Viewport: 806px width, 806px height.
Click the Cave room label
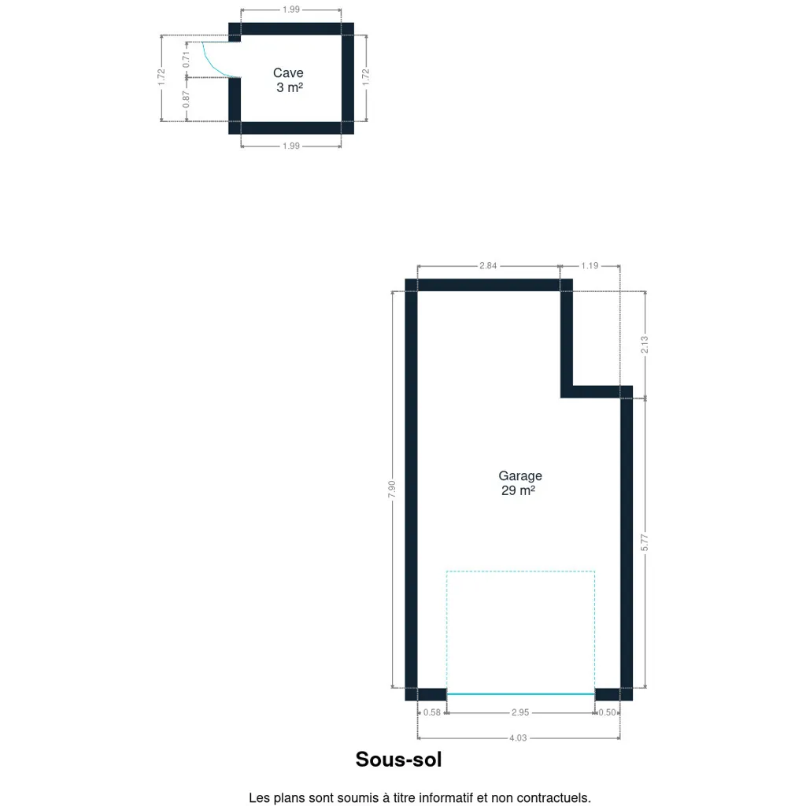tap(288, 73)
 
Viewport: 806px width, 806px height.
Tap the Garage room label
tap(519, 476)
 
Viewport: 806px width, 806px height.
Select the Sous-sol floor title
tap(398, 760)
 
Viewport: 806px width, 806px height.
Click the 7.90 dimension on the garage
tap(392, 489)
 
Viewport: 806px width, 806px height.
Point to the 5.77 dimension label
tap(645, 542)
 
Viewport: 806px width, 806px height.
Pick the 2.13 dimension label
tap(645, 345)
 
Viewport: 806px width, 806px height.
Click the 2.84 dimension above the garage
tap(488, 266)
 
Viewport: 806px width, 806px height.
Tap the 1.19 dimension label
tap(590, 266)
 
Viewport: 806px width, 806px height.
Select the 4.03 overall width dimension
tap(518, 738)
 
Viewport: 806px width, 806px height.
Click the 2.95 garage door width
tap(519, 712)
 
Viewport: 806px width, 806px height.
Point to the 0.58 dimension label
tap(432, 712)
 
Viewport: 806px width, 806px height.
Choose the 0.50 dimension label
tap(607, 712)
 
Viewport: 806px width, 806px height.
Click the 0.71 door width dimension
tap(186, 59)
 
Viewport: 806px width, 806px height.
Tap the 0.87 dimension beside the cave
tap(186, 99)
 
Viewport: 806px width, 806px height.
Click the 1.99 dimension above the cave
tap(291, 9)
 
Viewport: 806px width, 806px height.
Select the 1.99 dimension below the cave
tap(291, 146)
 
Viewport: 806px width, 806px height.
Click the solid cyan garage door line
tap(520, 694)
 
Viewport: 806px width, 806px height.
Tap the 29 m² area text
tap(518, 490)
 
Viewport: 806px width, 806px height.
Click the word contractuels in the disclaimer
tap(553, 798)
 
